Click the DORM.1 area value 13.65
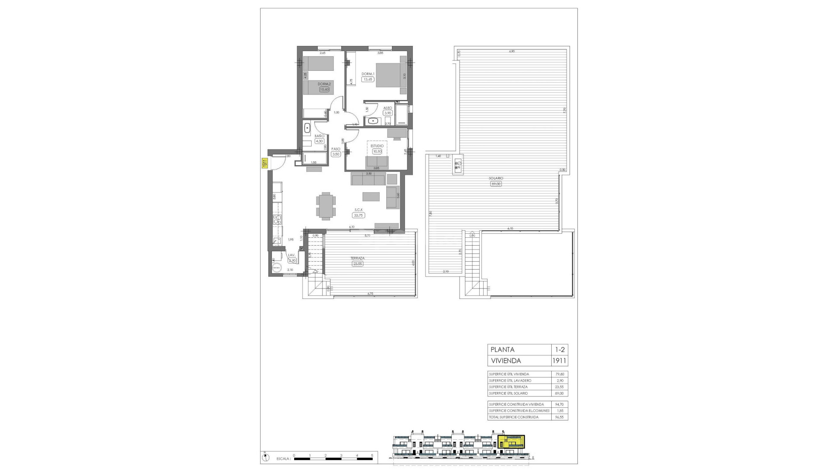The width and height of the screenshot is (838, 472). tap(368, 80)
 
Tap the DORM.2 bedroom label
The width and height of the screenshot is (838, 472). tap(323, 84)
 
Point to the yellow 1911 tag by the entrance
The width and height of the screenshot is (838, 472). tap(264, 163)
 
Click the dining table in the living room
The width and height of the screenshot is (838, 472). tap(326, 205)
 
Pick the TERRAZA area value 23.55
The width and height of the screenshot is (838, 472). tap(358, 264)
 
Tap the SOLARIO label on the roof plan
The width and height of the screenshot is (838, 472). tap(496, 178)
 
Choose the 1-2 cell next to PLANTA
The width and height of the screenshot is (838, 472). tap(560, 350)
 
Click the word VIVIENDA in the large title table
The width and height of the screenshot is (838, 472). tap(506, 361)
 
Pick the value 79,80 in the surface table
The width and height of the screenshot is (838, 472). tap(560, 374)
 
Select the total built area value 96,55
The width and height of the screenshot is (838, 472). tap(560, 417)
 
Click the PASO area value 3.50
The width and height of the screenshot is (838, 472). tap(336, 154)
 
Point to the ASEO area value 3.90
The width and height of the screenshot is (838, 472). tap(388, 113)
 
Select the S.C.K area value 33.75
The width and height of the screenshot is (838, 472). tap(359, 215)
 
